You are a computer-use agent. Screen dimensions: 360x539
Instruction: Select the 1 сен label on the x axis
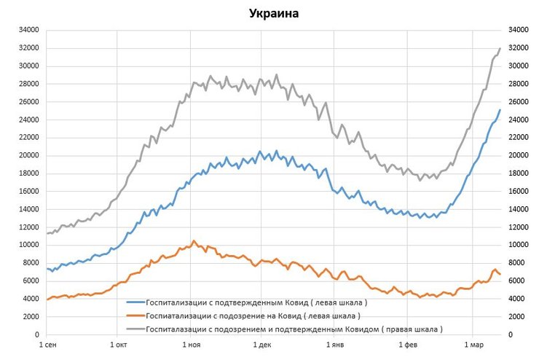47,343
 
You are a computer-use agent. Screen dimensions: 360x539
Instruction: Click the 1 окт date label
118,343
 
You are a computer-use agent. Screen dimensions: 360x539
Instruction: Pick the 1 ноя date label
191,343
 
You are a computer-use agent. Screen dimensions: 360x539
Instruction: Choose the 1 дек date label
261,343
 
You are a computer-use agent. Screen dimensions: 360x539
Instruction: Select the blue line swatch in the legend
135,302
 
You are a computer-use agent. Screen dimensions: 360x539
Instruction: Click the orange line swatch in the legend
135,316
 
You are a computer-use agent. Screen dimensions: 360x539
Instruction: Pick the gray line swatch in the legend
135,329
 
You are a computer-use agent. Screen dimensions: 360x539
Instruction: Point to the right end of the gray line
500,48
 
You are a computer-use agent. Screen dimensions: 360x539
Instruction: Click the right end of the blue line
500,110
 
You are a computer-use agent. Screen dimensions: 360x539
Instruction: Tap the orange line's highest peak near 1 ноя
194,240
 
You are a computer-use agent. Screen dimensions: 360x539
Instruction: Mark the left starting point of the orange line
47,300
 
